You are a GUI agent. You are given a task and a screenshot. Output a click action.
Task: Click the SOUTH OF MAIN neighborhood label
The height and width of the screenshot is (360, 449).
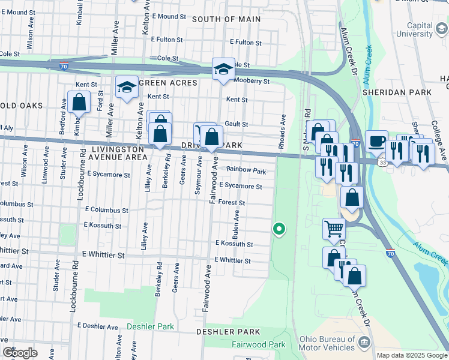click(226, 19)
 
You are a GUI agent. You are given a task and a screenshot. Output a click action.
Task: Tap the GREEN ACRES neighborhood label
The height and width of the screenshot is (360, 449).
click(168, 82)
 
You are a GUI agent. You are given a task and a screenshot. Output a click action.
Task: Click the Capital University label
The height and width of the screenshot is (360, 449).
click(411, 30)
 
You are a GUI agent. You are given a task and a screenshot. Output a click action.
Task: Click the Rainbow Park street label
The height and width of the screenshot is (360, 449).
click(246, 171)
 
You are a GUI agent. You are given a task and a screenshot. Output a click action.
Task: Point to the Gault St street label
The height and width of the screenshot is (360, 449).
click(236, 124)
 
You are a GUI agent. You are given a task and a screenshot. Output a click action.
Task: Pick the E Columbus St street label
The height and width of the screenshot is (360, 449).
click(106, 210)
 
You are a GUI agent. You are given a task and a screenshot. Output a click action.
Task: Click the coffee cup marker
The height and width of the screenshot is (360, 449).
click(376, 140)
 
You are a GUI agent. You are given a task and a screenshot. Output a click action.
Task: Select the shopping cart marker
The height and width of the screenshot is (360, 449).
click(334, 228)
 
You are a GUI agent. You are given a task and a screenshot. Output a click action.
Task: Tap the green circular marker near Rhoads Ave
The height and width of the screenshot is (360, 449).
click(279, 229)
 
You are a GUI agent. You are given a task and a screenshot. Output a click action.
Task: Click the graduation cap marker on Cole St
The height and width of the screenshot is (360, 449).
click(223, 68)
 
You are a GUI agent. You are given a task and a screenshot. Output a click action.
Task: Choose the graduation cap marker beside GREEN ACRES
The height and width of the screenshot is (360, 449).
click(127, 88)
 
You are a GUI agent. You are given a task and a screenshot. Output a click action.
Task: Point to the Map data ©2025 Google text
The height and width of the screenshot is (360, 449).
click(411, 355)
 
